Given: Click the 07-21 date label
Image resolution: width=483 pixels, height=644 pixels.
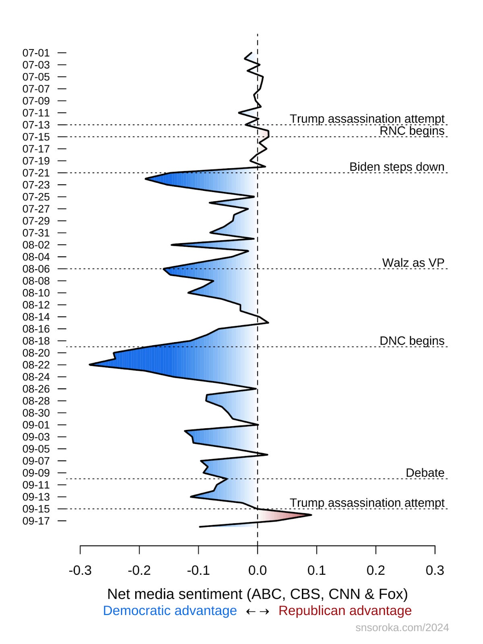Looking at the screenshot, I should (x=36, y=173).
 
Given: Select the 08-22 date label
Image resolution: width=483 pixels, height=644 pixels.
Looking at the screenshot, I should (x=36, y=365).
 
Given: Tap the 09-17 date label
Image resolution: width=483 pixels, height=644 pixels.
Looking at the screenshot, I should (x=36, y=521).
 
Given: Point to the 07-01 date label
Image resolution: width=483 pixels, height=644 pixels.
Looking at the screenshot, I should (x=36, y=53).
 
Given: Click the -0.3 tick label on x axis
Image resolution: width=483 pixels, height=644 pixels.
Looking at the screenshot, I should (x=80, y=570).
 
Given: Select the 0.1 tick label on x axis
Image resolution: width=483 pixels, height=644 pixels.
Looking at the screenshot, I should (x=317, y=570).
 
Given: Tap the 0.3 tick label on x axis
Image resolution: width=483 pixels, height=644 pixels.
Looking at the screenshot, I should (x=435, y=570).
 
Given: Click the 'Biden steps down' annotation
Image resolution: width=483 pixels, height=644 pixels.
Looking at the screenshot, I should (x=396, y=167).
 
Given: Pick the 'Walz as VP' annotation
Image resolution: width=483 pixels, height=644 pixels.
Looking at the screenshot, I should (x=413, y=263).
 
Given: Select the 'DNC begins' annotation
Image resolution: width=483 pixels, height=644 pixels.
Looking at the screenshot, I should (x=412, y=341).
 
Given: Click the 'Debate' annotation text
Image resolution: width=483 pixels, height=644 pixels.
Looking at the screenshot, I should (x=425, y=473).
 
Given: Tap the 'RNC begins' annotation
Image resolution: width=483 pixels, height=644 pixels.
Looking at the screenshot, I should (x=412, y=131).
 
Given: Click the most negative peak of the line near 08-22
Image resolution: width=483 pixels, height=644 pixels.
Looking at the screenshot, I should (x=90, y=365).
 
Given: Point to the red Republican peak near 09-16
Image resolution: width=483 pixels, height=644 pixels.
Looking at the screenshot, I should (x=311, y=515).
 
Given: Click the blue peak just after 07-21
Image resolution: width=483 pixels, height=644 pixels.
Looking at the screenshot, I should (x=146, y=179).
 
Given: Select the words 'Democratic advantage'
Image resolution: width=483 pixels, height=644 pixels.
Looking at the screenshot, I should (x=170, y=611).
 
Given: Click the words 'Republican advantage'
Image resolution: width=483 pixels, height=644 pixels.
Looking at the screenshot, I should (x=345, y=611).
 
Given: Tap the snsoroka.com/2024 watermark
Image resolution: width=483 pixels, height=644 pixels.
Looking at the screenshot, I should (x=402, y=627).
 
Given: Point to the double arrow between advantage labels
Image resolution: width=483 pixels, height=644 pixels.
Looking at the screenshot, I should (x=258, y=611).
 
